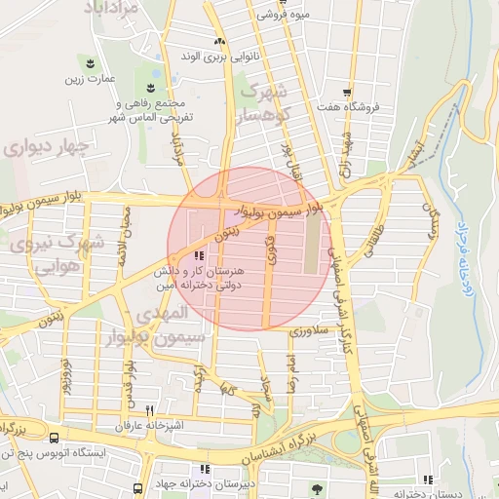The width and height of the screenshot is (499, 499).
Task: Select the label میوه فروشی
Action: (282, 16)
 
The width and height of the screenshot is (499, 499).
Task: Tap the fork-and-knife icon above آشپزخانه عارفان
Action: (149, 411)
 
